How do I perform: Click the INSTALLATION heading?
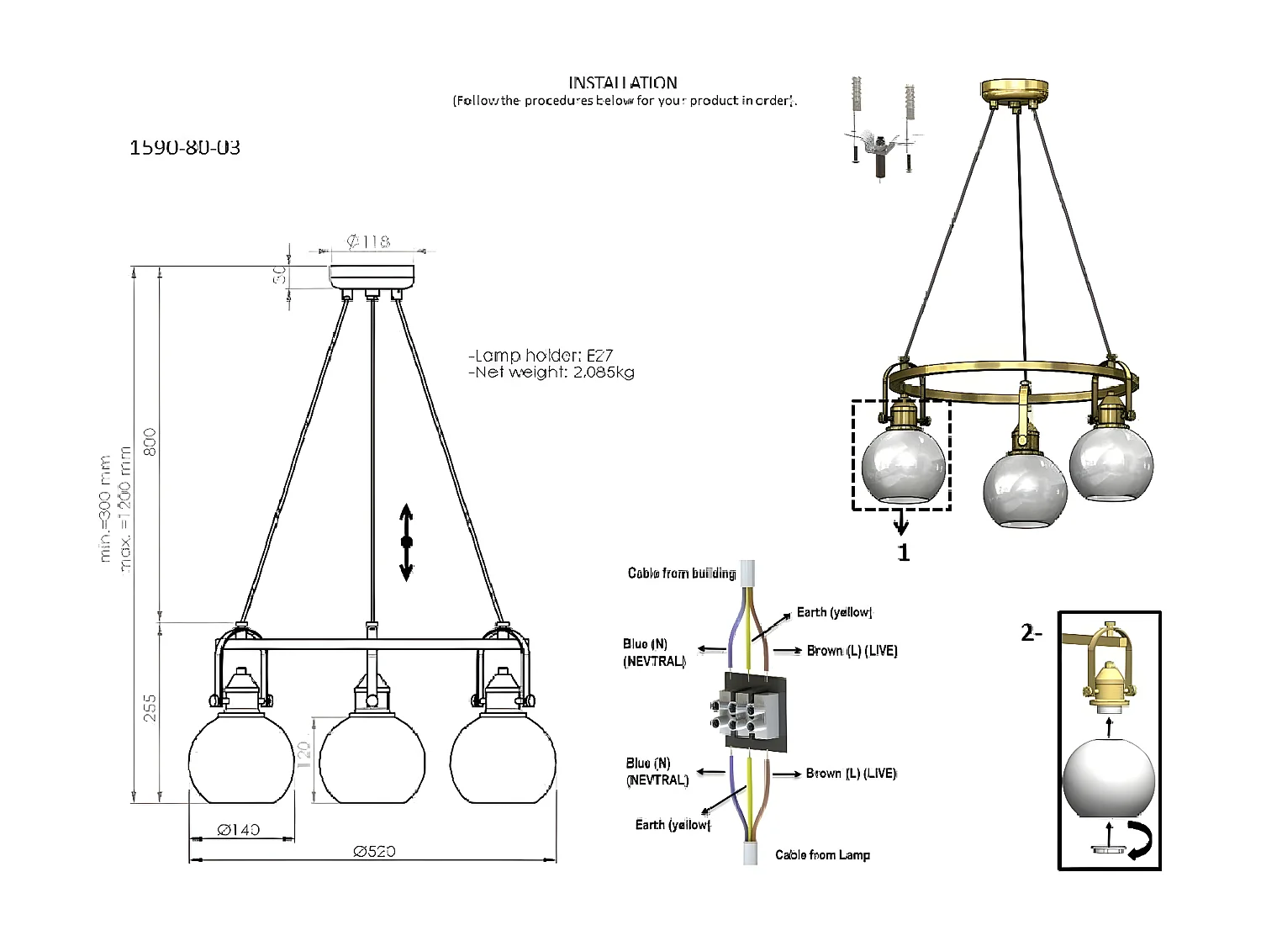click(622, 82)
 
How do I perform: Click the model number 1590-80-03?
click(185, 148)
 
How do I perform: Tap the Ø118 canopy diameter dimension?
click(368, 242)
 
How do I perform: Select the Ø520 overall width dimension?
click(374, 851)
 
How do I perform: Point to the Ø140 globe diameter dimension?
click(239, 830)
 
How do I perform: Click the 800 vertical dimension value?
click(150, 442)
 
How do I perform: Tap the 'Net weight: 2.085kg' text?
click(552, 373)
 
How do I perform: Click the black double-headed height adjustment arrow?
click(406, 542)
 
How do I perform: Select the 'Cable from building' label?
click(681, 573)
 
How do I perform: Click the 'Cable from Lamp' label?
click(822, 855)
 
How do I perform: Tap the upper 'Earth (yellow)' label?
click(834, 612)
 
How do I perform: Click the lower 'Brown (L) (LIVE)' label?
click(851, 774)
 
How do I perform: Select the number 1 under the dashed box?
click(903, 552)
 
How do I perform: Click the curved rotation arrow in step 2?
click(1140, 841)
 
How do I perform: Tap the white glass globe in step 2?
click(1108, 778)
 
